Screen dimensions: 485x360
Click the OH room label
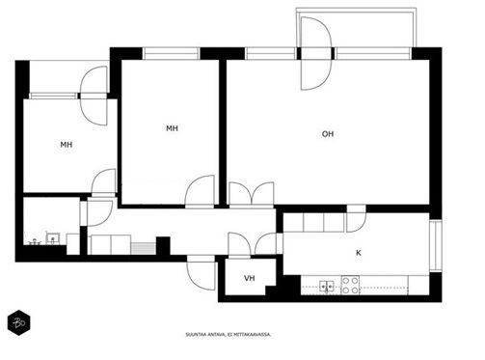tap(328, 134)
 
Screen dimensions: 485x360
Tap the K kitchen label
tap(359, 253)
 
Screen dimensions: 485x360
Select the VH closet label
tap(250, 278)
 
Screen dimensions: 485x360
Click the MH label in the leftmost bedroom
tap(67, 145)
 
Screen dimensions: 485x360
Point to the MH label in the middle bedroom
tap(172, 128)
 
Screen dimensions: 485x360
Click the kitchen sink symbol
tap(327, 286)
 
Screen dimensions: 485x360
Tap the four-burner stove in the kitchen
tap(350, 285)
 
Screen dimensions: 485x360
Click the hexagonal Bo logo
tap(19, 322)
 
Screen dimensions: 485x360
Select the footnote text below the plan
tap(229, 335)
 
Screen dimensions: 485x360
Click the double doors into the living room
tap(252, 193)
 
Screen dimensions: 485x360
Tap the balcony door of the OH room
tap(315, 53)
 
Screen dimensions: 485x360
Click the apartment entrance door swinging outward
tap(202, 273)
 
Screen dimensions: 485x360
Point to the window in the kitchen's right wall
tap(436, 246)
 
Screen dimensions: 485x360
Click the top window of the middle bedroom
tap(171, 53)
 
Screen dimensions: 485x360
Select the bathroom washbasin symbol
tap(52, 238)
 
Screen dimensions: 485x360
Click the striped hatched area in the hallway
tap(144, 248)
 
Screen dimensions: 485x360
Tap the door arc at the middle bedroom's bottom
tap(200, 190)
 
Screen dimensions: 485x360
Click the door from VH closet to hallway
tap(239, 244)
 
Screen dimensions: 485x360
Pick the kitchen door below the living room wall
tap(357, 219)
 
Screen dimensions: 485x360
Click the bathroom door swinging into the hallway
tap(100, 213)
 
